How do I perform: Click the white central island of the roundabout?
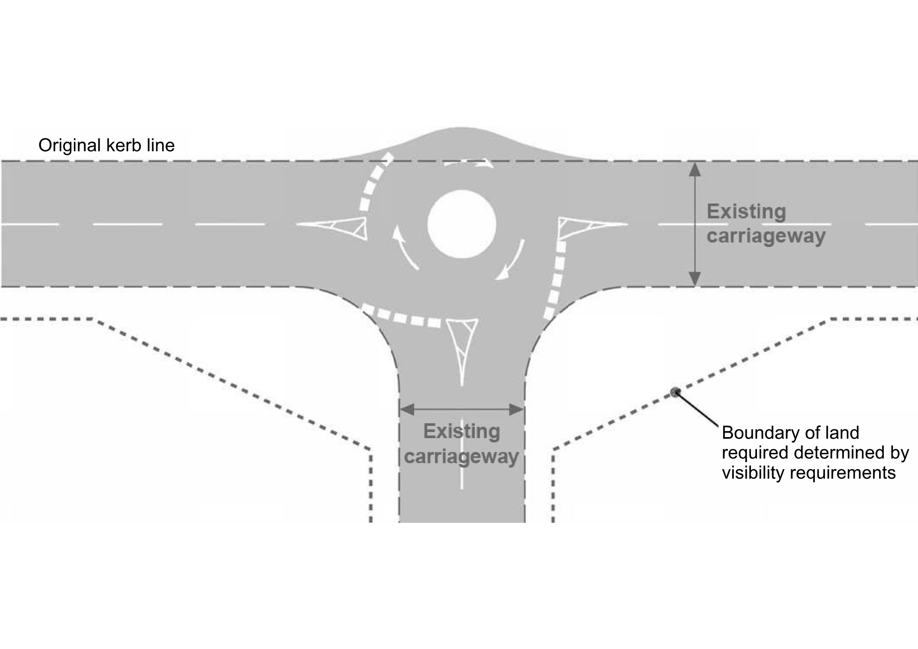pyautogui.click(x=462, y=224)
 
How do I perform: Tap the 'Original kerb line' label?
pyautogui.click(x=106, y=145)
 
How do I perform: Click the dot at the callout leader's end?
pyautogui.click(x=675, y=392)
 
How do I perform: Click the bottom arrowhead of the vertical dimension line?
pyautogui.click(x=695, y=279)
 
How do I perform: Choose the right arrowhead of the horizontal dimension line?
pyautogui.click(x=516, y=409)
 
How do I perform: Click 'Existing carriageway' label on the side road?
pyautogui.click(x=461, y=444)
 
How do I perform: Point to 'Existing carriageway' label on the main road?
pyautogui.click(x=765, y=223)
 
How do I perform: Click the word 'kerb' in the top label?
pyautogui.click(x=120, y=145)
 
